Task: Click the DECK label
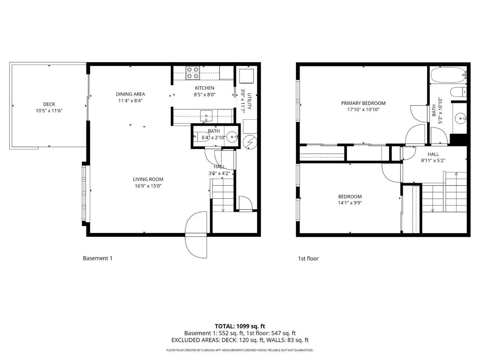[x=49, y=104]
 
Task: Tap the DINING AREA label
[x=130, y=94]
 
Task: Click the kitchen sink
[x=206, y=115]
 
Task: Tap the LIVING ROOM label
[x=148, y=179]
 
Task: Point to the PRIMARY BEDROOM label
[x=363, y=103]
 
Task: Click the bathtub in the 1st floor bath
[x=448, y=75]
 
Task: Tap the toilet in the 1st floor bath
[x=458, y=92]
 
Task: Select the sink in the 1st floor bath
[x=460, y=118]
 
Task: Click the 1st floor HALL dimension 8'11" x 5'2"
[x=433, y=160]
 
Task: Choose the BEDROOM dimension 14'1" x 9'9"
[x=350, y=202]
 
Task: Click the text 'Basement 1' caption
[x=98, y=258]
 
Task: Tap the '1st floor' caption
[x=308, y=258]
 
